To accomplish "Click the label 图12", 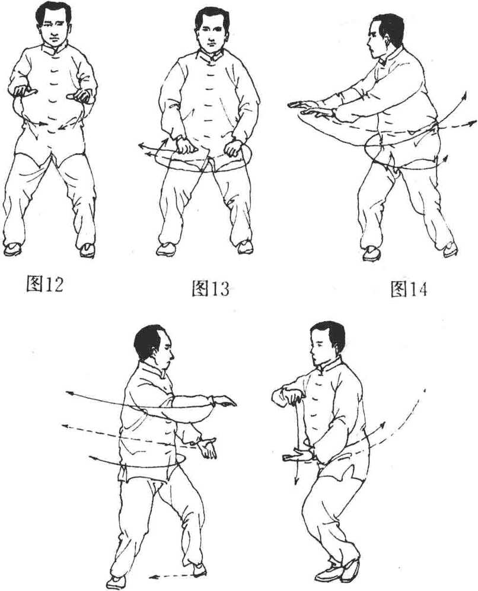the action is (x=44, y=284).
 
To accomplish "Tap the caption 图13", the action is (x=210, y=288).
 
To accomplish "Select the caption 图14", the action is (x=409, y=289).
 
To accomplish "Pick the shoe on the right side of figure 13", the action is (x=245, y=247).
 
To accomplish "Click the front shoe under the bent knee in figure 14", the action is (x=372, y=253).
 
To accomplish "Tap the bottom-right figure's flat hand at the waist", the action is (x=297, y=455).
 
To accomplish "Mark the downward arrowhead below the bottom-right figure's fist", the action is (x=297, y=481).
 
